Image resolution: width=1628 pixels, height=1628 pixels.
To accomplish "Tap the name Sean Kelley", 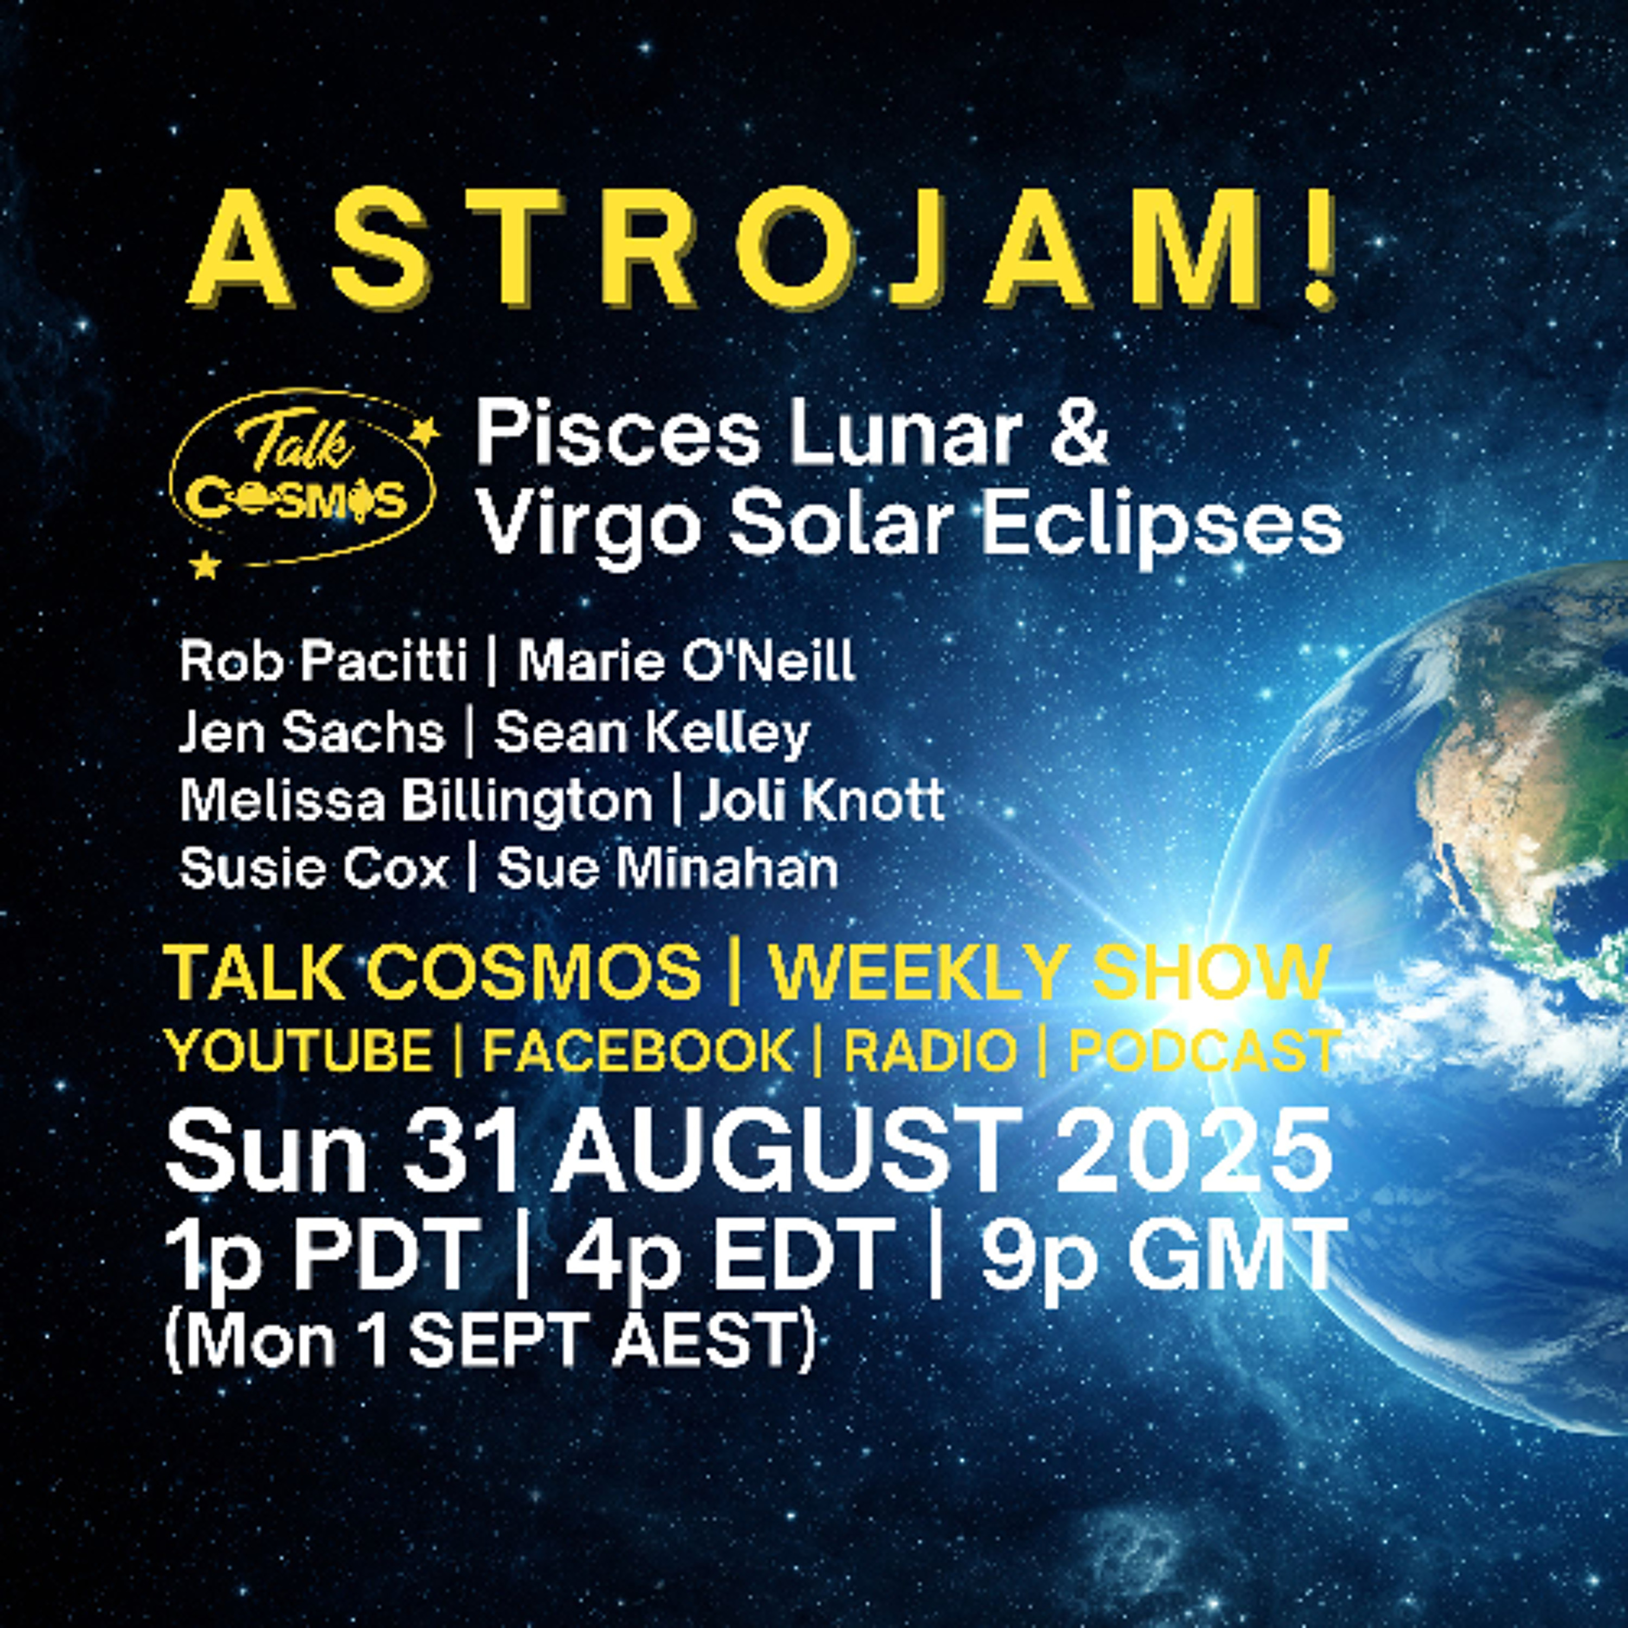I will coord(651,733).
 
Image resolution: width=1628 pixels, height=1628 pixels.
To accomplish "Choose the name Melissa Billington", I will coord(416,802).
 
